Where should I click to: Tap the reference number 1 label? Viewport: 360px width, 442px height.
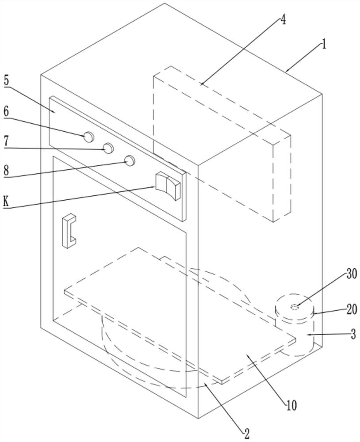pos(324,45)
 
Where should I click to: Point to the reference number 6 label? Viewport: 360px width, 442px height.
pos(6,111)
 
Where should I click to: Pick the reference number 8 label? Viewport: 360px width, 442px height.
pos(6,171)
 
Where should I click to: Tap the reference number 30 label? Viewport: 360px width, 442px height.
pos(352,274)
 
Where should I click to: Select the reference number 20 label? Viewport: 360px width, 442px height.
pos(352,309)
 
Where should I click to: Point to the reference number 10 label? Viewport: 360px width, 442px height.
pos(291,405)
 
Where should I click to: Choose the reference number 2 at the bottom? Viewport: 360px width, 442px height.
pos(247,434)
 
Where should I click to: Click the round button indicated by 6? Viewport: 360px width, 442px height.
pos(89,137)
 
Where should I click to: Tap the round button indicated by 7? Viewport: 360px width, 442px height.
pos(108,148)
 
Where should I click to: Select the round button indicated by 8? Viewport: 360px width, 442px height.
pos(130,160)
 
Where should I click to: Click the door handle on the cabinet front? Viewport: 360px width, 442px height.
pos(69,230)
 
